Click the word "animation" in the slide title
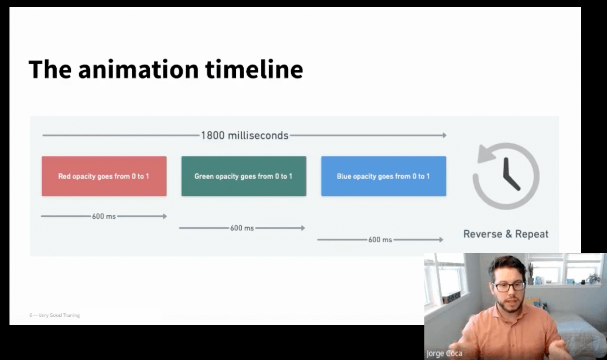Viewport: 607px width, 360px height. coord(139,69)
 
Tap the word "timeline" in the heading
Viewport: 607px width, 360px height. coord(254,69)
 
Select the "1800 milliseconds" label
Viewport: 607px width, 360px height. coord(244,135)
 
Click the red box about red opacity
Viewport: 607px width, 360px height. coord(104,176)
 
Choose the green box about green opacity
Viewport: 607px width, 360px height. coord(244,176)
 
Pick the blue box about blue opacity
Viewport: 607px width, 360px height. coord(384,176)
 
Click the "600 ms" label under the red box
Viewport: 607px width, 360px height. coord(104,216)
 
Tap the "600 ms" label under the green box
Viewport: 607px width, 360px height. coord(242,228)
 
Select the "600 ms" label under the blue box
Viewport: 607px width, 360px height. coord(380,240)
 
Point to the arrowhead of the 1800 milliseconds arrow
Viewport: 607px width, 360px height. coord(445,135)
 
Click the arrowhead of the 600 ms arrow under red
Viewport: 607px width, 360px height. coord(165,216)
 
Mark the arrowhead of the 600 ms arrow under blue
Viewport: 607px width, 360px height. coord(441,240)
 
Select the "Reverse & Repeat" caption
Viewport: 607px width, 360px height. coord(506,234)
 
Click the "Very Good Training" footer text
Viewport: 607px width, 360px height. coord(59,315)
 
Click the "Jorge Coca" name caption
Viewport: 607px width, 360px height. coord(445,354)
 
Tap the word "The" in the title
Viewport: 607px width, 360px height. coord(50,69)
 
